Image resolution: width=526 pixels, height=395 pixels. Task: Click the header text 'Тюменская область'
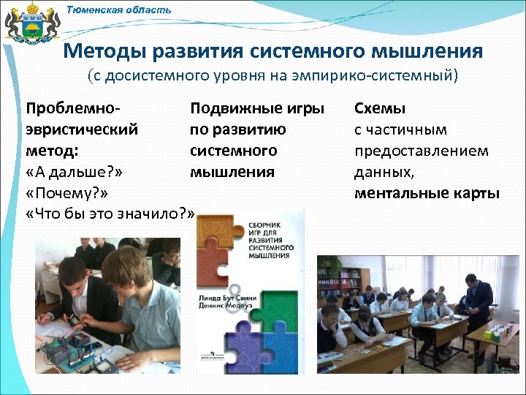point(118,10)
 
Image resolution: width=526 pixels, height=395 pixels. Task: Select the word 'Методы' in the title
point(102,51)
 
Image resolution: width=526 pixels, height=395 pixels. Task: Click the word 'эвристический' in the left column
point(82,129)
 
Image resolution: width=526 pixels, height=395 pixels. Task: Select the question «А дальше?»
point(73,172)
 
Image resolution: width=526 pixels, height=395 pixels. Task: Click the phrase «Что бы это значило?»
point(110,214)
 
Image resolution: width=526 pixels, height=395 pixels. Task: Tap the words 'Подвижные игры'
point(256,108)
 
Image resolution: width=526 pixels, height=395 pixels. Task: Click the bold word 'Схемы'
point(380,108)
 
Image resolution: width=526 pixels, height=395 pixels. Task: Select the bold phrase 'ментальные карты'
point(427,193)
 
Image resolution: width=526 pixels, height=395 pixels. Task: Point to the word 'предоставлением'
point(421,151)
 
